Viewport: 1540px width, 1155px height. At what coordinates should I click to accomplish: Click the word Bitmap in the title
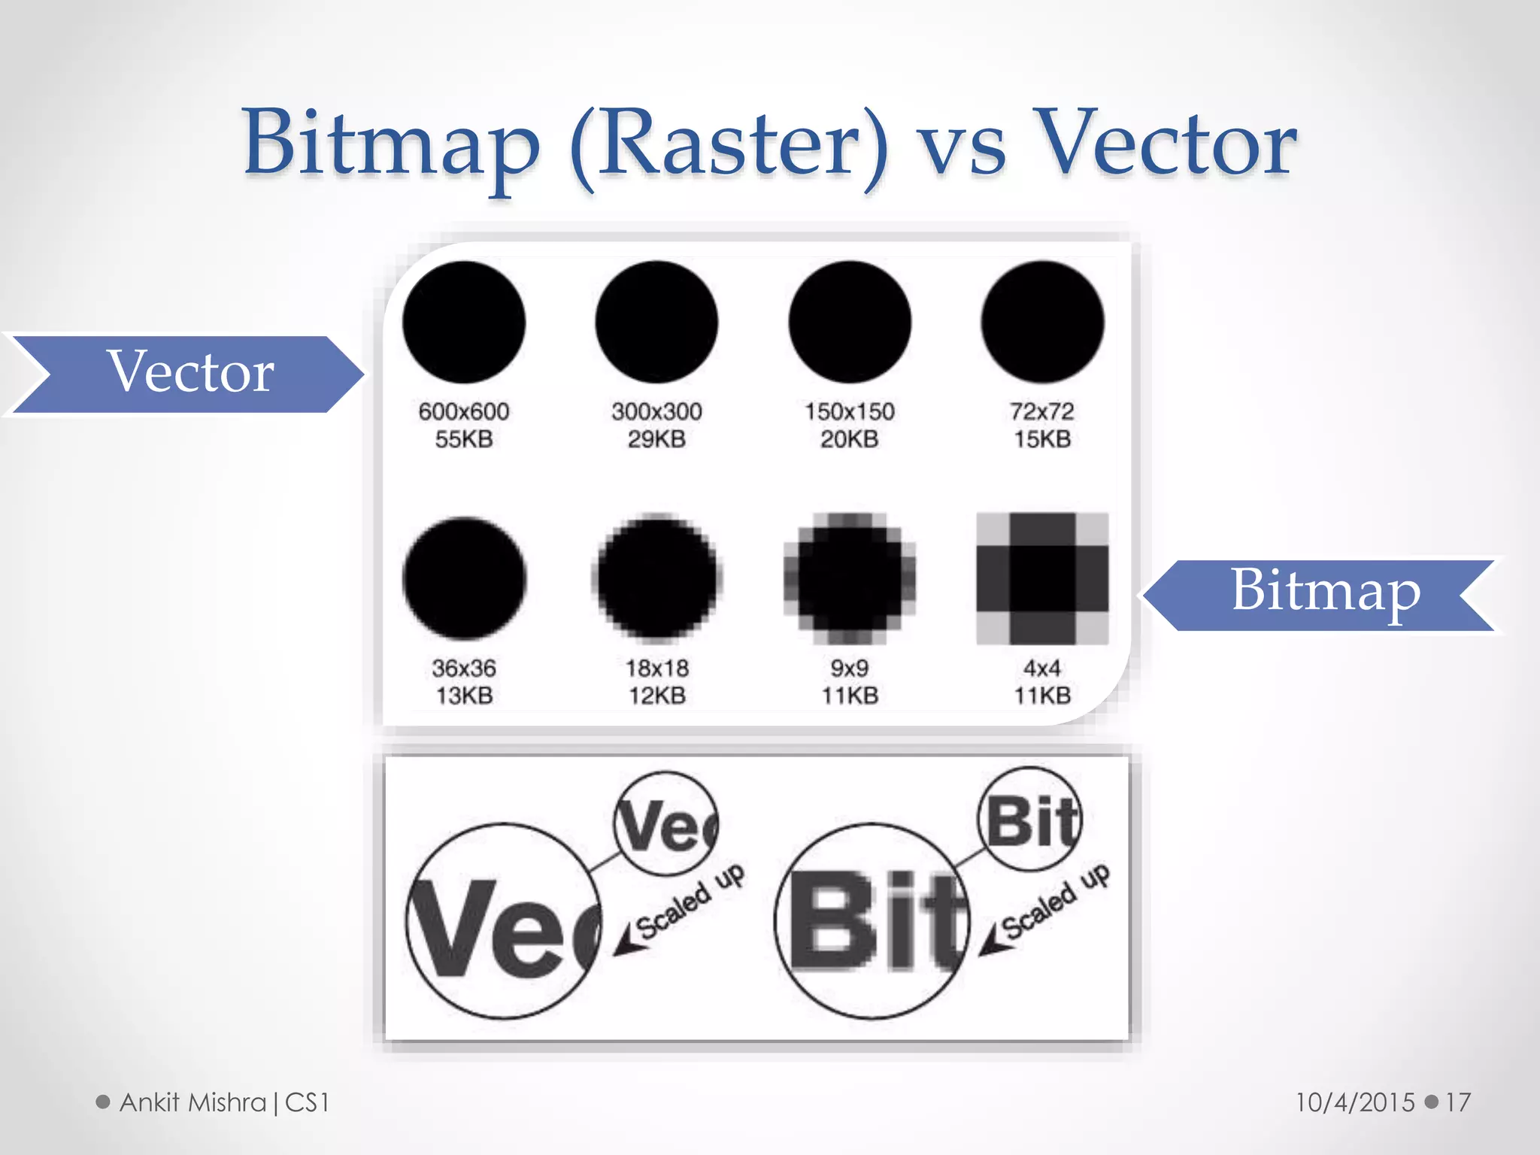[391, 143]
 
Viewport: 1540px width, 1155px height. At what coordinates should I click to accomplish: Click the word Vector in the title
[1166, 143]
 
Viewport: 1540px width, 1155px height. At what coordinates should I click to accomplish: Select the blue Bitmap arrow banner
[1323, 594]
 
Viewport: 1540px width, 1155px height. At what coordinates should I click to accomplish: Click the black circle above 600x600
[464, 322]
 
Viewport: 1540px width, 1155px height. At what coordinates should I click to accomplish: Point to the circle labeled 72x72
[1042, 322]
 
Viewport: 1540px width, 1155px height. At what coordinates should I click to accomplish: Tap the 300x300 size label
[656, 411]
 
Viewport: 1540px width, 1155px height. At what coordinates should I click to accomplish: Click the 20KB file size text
[849, 438]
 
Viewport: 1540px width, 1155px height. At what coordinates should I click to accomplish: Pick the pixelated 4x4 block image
[1042, 578]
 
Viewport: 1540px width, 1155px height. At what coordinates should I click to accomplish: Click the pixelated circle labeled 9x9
[850, 578]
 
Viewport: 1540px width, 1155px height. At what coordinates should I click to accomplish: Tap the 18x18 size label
[656, 668]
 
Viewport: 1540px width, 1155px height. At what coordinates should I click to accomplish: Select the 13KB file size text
[464, 695]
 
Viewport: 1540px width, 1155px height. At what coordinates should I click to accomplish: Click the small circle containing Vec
[666, 823]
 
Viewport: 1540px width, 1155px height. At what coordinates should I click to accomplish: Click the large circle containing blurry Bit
[872, 921]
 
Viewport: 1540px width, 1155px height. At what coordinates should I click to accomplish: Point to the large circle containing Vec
[504, 921]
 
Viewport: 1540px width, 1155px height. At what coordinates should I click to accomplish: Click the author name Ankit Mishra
[193, 1102]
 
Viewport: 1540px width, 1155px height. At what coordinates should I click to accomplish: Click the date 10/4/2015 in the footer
[1355, 1102]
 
